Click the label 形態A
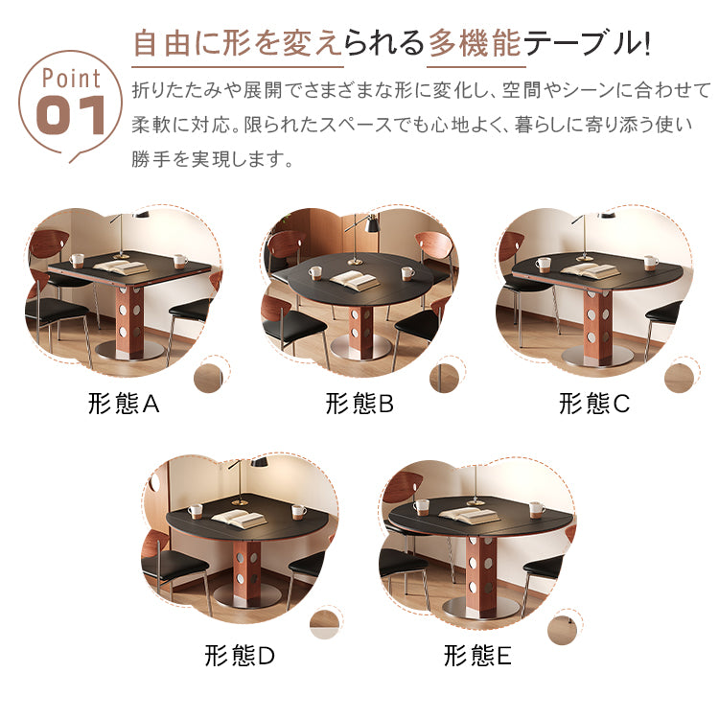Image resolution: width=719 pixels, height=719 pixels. [122, 404]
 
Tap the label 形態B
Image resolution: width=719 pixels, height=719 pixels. [359, 404]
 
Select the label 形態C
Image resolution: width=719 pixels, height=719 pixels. [594, 404]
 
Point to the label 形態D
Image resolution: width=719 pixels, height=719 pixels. [240, 656]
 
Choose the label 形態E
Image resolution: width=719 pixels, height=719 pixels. [478, 656]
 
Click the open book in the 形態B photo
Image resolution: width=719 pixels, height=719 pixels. [354, 281]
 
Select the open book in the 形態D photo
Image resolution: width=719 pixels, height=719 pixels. [238, 518]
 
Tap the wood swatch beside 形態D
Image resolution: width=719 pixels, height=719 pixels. [324, 624]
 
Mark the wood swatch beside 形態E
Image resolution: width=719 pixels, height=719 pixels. [563, 628]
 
